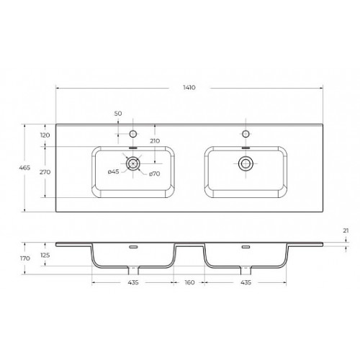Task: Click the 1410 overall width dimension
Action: [189, 88]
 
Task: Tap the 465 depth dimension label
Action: [24, 168]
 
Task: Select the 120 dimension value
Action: [45, 135]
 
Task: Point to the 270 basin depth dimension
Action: [45, 172]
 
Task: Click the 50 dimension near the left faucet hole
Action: [118, 113]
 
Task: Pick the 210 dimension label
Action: [155, 141]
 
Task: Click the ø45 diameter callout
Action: [114, 171]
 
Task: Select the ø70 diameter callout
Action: [154, 174]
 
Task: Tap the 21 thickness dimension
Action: [346, 230]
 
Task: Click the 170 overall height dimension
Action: [25, 258]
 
